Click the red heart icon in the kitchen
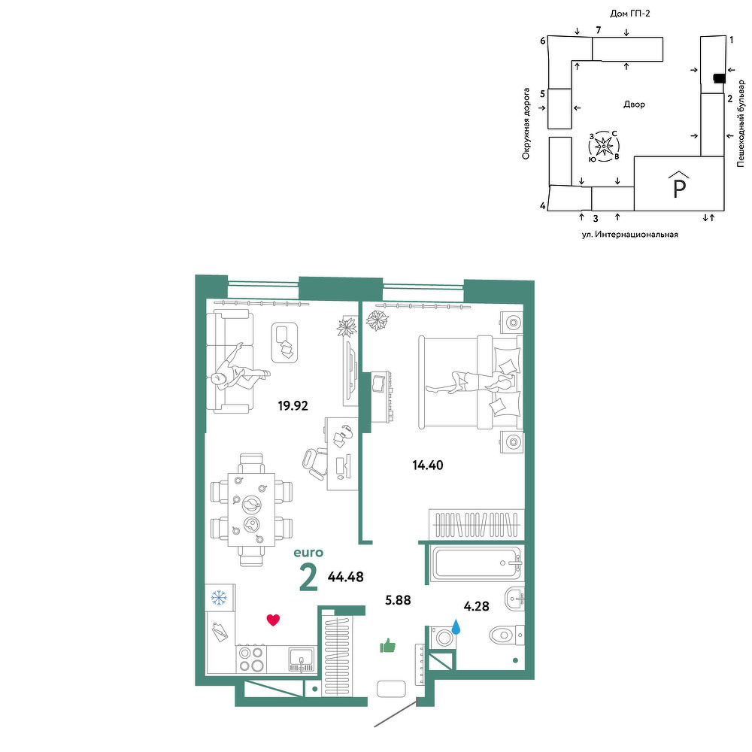(273, 620)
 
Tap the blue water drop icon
(456, 626)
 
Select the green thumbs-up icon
(387, 646)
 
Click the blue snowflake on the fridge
(219, 598)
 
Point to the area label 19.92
(293, 406)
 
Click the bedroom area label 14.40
(428, 465)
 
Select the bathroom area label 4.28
(476, 606)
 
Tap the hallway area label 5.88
(399, 600)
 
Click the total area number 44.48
(345, 577)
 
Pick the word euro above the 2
(308, 553)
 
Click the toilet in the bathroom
(507, 635)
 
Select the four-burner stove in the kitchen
(251, 659)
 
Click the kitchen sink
(302, 659)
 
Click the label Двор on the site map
(634, 104)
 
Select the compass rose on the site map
(603, 146)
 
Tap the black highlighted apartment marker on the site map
(719, 79)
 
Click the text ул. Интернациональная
(629, 235)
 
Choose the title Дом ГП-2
(629, 14)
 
